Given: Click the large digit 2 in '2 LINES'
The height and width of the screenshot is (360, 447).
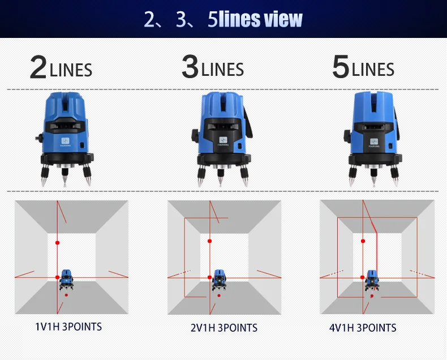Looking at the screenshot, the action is click(x=38, y=67).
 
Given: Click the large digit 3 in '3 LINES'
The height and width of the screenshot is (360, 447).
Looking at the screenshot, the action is click(x=190, y=67).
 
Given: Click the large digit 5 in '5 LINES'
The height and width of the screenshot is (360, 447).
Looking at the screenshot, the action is click(x=341, y=67).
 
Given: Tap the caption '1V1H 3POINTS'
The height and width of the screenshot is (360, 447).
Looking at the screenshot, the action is click(x=68, y=327).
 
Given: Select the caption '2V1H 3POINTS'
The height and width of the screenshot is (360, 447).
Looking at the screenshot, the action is click(x=224, y=328).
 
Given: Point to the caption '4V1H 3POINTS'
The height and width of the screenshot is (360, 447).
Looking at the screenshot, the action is click(x=363, y=328).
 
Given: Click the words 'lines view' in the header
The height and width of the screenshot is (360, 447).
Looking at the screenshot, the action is click(x=260, y=19).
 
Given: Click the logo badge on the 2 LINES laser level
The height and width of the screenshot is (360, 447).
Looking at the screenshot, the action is click(x=65, y=141).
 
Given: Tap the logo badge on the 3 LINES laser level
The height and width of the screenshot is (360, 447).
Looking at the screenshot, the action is click(x=223, y=140).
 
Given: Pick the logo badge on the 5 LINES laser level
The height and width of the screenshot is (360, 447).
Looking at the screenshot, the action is click(x=374, y=142).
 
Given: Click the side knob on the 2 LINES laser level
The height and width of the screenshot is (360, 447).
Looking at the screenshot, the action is click(x=40, y=138).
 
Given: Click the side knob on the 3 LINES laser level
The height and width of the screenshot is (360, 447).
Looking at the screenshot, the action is click(x=195, y=135).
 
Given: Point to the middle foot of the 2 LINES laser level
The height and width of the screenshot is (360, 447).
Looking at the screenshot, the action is click(x=65, y=176).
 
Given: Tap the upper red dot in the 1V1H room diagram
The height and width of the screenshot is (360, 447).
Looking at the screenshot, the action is click(x=57, y=243).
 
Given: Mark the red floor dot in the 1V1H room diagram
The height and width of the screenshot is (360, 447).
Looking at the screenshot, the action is click(x=66, y=295).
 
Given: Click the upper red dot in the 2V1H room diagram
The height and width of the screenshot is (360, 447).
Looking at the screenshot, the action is click(x=209, y=241).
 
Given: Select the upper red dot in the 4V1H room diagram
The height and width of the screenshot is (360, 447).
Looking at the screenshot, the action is click(x=363, y=241).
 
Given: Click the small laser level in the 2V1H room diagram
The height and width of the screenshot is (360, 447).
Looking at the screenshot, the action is click(x=219, y=280).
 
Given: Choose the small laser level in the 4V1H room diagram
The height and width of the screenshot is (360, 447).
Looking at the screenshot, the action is click(x=372, y=281).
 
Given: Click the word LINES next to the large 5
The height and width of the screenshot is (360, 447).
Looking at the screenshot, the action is click(x=373, y=70).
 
